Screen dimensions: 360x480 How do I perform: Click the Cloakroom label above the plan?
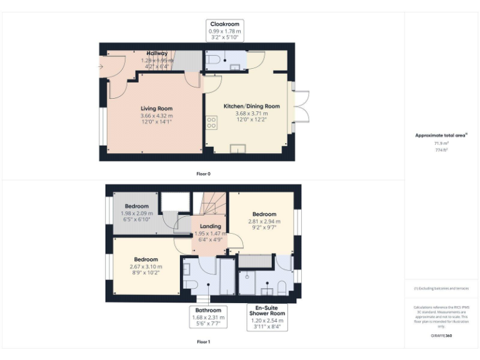pyautogui.click(x=224, y=24)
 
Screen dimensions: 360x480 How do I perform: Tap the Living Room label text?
pyautogui.click(x=156, y=109)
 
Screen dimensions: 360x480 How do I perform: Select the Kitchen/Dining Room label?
pyautogui.click(x=251, y=106)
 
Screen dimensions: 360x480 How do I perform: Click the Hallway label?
pyautogui.click(x=157, y=54)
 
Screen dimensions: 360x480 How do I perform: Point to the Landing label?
pyautogui.click(x=210, y=226)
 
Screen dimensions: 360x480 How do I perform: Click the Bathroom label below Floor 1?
pyautogui.click(x=208, y=310)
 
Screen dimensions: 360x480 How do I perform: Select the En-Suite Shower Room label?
pyautogui.click(x=267, y=310)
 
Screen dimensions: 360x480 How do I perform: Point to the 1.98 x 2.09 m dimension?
pyautogui.click(x=136, y=213)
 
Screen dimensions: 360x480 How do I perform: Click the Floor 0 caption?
pyautogui.click(x=203, y=173)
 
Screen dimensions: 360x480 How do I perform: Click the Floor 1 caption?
pyautogui.click(x=203, y=342)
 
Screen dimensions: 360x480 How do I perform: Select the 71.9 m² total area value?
pyautogui.click(x=441, y=143)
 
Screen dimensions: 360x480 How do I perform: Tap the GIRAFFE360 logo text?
pyautogui.click(x=441, y=336)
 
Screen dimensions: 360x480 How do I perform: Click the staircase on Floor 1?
pyautogui.click(x=212, y=203)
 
